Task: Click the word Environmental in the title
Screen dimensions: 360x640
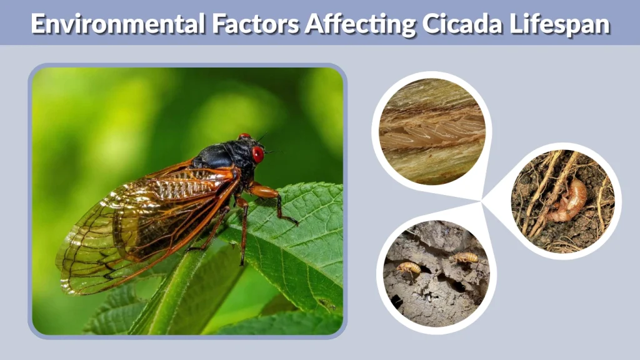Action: (114, 24)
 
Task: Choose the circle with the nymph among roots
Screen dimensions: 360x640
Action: (562, 200)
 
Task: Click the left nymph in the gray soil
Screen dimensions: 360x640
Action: (409, 269)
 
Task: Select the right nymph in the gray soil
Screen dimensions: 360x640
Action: (466, 257)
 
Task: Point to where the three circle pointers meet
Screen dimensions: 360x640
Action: (482, 201)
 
